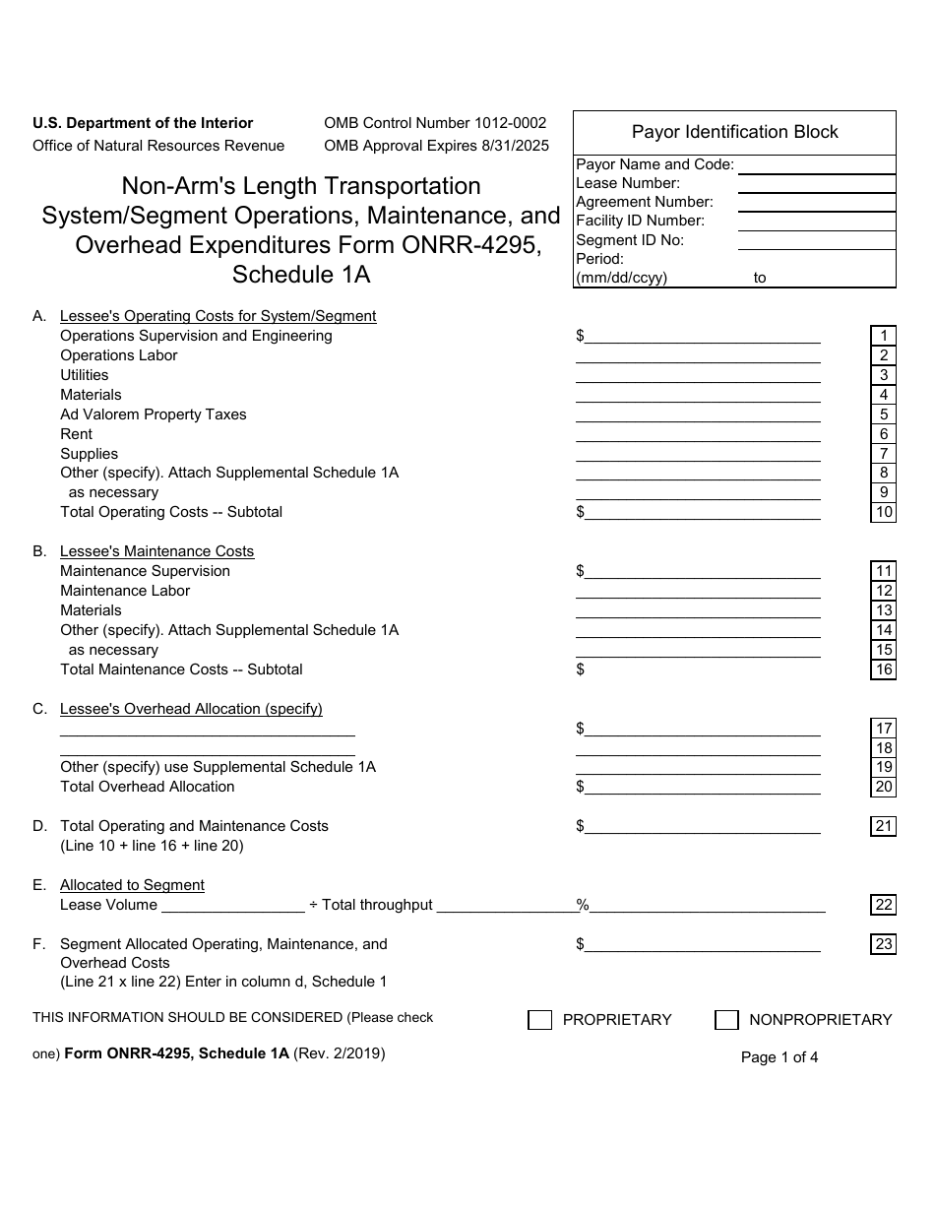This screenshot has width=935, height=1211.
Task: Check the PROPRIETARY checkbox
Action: (539, 1020)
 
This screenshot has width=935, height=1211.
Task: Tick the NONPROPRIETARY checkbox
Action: (726, 1020)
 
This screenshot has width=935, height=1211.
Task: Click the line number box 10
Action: (883, 512)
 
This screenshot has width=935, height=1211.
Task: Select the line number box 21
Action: (883, 826)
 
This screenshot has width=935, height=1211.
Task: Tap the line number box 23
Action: (883, 944)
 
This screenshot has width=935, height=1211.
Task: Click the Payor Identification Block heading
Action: (734, 132)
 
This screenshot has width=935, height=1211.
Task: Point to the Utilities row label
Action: (85, 375)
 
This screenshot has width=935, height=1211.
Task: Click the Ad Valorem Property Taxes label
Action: (154, 414)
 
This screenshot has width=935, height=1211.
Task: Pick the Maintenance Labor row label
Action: (125, 591)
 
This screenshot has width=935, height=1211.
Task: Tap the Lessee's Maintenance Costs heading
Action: (156, 551)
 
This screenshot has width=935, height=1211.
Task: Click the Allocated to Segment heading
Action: (132, 885)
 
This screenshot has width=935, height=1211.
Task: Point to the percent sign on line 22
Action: (582, 905)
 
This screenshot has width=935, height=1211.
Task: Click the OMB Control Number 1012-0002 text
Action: (435, 123)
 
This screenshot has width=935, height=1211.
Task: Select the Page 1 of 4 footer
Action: (779, 1057)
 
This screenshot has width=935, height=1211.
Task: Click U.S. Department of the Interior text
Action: (143, 123)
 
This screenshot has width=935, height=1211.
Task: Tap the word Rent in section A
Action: (76, 434)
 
